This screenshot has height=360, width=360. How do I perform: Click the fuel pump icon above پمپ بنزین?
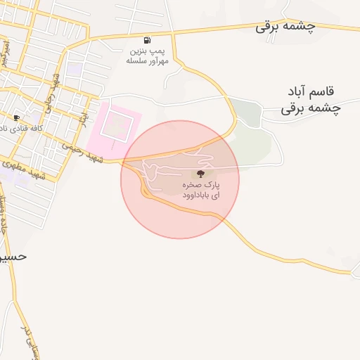146,40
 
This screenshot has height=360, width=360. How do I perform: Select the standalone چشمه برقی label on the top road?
285,27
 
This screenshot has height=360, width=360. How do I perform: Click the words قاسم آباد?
313,93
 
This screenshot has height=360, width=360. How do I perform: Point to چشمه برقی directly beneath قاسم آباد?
311,108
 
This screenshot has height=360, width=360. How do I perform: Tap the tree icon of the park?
201,173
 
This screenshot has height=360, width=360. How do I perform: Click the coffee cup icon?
16,117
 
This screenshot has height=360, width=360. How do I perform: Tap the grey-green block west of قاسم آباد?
246,112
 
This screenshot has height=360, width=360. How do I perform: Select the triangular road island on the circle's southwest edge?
145,190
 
